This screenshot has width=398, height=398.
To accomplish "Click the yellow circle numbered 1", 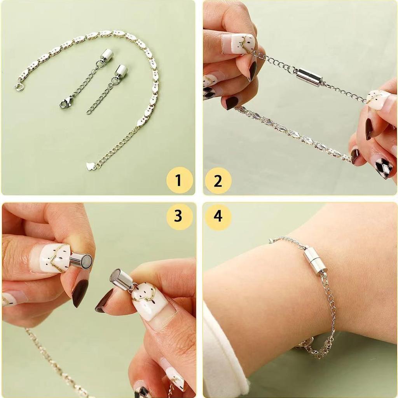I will (179, 180).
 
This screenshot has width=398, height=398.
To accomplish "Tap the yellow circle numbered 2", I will (218, 180).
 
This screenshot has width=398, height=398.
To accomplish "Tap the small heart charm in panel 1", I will (90, 166).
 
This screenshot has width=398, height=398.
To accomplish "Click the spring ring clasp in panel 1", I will (19, 86).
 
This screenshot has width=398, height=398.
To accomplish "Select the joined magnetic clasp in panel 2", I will (309, 77).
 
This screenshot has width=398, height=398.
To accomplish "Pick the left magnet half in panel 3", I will (81, 260).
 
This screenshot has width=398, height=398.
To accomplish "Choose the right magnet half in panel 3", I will (121, 279).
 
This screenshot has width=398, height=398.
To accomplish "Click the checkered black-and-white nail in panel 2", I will (383, 167).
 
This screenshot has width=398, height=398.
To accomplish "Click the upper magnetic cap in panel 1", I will (106, 56).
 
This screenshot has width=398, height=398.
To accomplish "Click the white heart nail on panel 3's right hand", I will (149, 301).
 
